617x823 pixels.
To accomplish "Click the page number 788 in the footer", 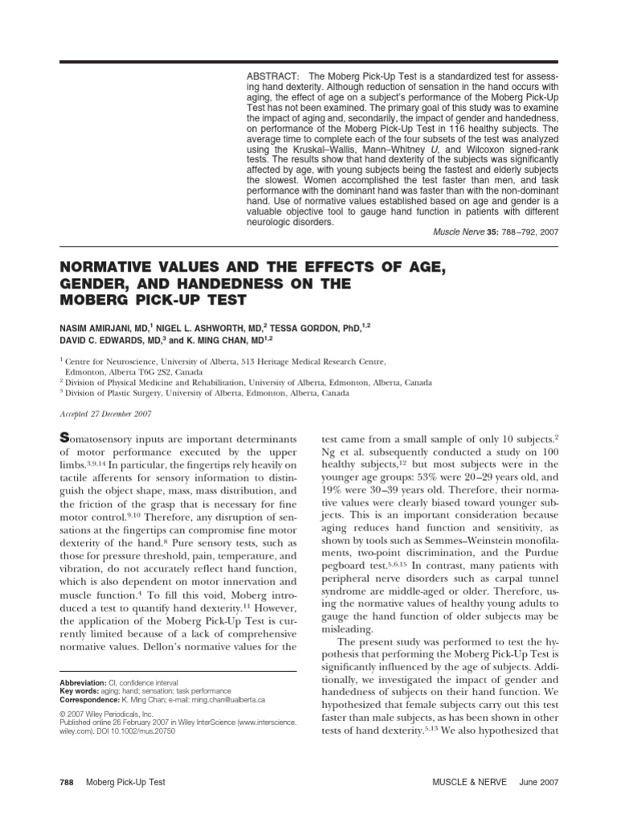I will [67, 782].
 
